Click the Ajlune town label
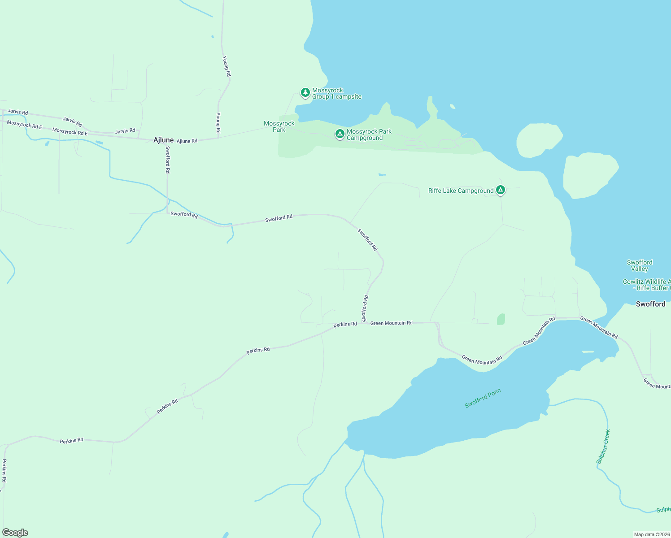tap(163, 140)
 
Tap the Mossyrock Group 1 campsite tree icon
tap(305, 93)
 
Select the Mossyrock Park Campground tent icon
tap(340, 134)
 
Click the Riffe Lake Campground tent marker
tap(501, 190)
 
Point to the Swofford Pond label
tap(483, 398)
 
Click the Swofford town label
tap(650, 304)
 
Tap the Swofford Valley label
tap(640, 265)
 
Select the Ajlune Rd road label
tap(187, 141)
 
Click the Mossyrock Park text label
tap(279, 126)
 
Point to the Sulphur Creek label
tap(603, 447)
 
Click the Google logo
tap(15, 533)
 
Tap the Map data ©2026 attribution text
tap(652, 534)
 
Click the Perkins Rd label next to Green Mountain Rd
tap(345, 324)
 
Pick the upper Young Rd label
tap(227, 66)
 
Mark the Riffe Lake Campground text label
tap(461, 191)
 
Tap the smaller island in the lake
tap(539, 140)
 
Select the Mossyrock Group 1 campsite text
tap(336, 94)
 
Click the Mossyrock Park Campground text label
tap(369, 134)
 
